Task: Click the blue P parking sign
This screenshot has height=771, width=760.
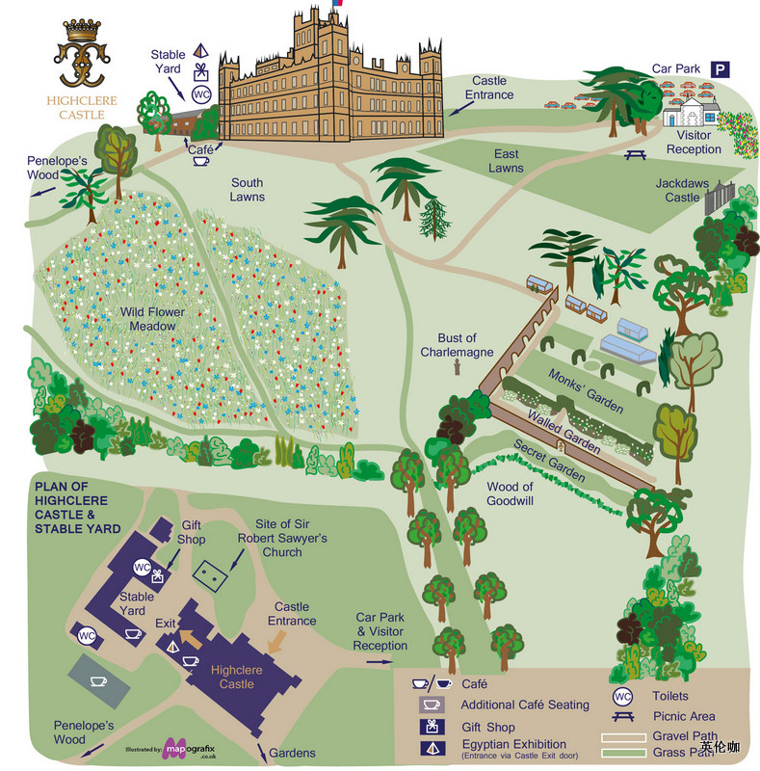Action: point(721,68)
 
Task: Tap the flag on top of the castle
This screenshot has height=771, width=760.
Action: point(337,4)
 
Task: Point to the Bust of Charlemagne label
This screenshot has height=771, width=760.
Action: point(457,345)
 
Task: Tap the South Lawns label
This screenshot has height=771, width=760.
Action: point(247,189)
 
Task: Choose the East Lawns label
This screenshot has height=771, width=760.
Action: point(506,161)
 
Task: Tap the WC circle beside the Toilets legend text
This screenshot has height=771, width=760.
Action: point(622,696)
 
